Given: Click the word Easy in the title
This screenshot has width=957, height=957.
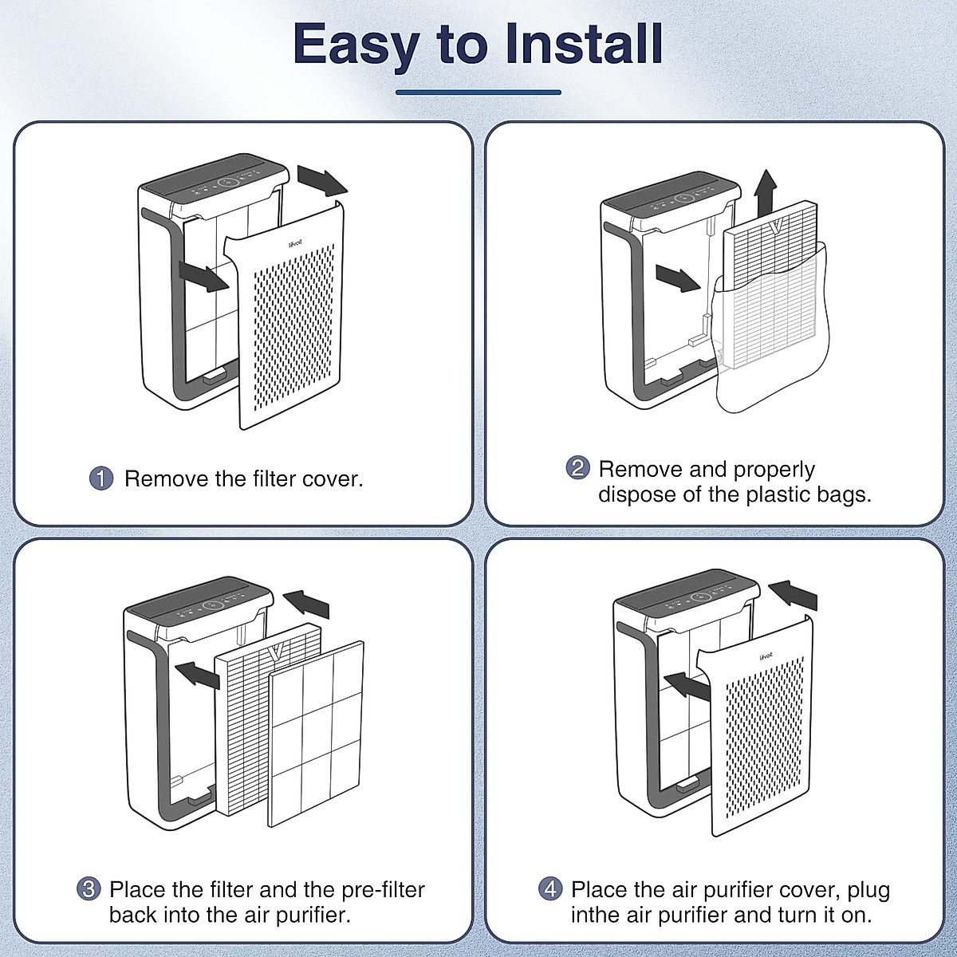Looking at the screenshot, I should click(x=355, y=45).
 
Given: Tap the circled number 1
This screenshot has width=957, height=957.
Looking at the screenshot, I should click(x=101, y=478).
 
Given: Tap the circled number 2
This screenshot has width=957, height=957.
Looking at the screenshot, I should click(x=578, y=468).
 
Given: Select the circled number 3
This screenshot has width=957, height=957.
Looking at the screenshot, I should click(x=89, y=889).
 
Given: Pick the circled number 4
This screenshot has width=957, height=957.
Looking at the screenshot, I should click(x=550, y=889).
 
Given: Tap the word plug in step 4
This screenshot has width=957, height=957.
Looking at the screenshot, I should click(x=868, y=890).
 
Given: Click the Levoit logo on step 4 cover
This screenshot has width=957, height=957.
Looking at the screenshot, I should click(x=765, y=658).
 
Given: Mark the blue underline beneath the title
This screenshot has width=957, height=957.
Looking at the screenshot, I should click(x=478, y=93).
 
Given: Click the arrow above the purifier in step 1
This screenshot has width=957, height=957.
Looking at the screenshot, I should click(x=322, y=180).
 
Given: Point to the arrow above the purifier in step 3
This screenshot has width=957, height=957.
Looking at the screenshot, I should click(x=306, y=603).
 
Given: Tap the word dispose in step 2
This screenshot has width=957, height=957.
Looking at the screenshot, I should click(x=635, y=494).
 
